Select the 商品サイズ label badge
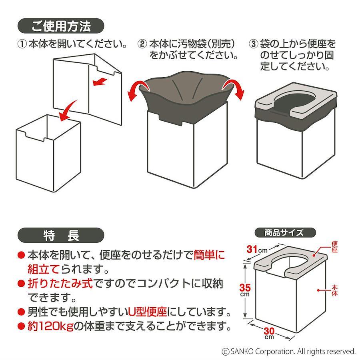point(285,232)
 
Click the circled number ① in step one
point(22,44)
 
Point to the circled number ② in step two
point(142,44)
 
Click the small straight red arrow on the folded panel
point(99,82)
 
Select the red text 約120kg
point(50,326)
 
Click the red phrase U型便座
point(148,312)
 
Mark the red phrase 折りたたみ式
point(60,284)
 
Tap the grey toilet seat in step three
point(296,100)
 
